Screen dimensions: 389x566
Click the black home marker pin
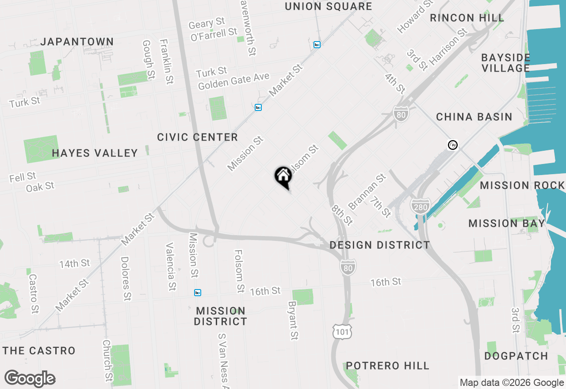pyautogui.click(x=283, y=176)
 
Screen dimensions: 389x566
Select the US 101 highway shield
pyautogui.click(x=343, y=332)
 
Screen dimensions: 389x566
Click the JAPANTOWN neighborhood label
pyautogui.click(x=77, y=42)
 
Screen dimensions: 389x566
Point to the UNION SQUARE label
pyautogui.click(x=329, y=7)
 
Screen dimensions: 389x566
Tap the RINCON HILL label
pyautogui.click(x=467, y=18)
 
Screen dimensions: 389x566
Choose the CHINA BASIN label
pyautogui.click(x=474, y=117)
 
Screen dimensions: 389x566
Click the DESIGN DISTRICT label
pyautogui.click(x=380, y=245)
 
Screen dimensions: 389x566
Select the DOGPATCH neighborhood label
pyautogui.click(x=516, y=356)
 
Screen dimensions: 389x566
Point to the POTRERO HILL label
pyautogui.click(x=388, y=366)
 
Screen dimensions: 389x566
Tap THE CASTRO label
pyautogui.click(x=39, y=351)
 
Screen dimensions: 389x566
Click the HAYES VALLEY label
pyautogui.click(x=95, y=153)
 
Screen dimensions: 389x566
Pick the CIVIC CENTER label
pyautogui.click(x=198, y=137)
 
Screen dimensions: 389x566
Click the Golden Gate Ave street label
pyautogui.click(x=233, y=81)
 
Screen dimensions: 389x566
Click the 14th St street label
pyautogui.click(x=75, y=264)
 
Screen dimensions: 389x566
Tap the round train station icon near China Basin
pyautogui.click(x=452, y=145)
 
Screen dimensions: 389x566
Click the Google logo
pyautogui.click(x=30, y=378)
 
